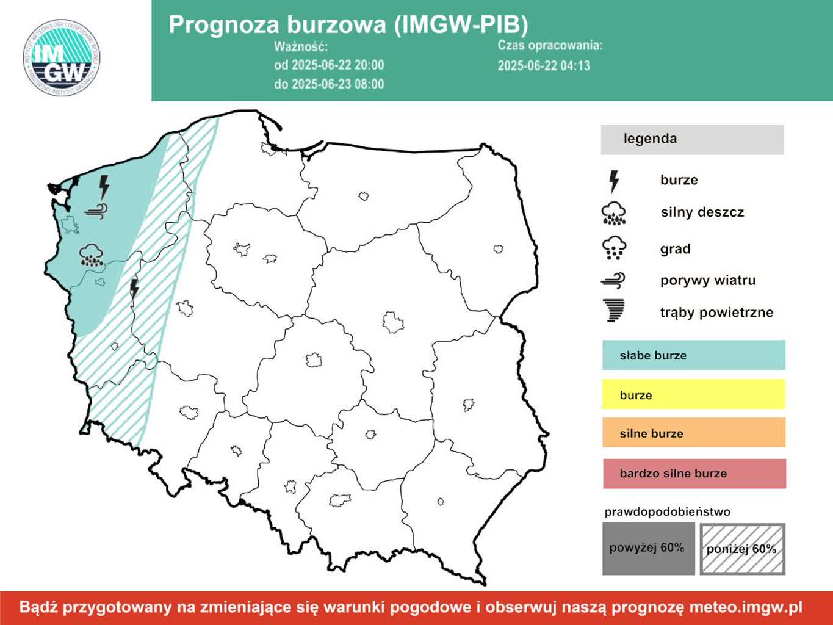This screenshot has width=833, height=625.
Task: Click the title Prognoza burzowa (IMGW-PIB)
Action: (x=348, y=24)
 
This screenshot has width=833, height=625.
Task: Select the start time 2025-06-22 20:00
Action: (x=329, y=65)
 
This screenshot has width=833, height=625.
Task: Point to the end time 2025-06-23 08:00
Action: (x=329, y=84)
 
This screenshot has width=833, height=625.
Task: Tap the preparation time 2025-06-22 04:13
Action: (x=544, y=66)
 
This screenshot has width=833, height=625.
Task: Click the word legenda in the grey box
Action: (x=650, y=139)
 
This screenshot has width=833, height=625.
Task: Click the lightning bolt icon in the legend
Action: (x=614, y=181)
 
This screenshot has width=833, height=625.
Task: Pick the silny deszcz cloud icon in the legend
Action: (x=613, y=213)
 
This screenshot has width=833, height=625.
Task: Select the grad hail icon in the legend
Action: (x=613, y=248)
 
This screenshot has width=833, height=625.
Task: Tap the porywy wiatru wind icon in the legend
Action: (x=613, y=280)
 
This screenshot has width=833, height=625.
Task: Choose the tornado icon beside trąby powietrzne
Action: (x=613, y=311)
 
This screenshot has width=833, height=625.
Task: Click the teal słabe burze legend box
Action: (x=693, y=355)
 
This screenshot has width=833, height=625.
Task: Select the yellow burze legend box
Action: (x=693, y=395)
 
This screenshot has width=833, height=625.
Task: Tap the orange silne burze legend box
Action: (x=693, y=433)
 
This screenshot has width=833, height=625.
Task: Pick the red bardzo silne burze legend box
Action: (x=694, y=474)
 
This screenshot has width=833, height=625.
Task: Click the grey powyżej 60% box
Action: (x=648, y=549)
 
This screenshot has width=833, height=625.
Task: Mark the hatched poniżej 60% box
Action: (x=742, y=549)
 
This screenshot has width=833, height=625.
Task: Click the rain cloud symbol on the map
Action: (x=91, y=255)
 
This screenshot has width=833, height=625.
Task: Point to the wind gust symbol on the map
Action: (x=97, y=211)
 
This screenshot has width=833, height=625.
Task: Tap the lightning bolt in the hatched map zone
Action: (x=134, y=289)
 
